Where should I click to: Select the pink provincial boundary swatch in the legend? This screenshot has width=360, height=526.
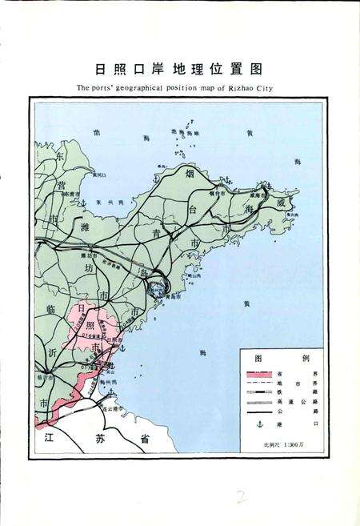pos(258,374)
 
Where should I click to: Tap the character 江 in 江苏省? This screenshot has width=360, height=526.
pos(51,439)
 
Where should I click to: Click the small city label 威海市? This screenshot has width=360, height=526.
pos(277,194)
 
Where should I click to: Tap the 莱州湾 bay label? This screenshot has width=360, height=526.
pos(105,203)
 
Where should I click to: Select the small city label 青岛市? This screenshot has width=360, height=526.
pos(166,295)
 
